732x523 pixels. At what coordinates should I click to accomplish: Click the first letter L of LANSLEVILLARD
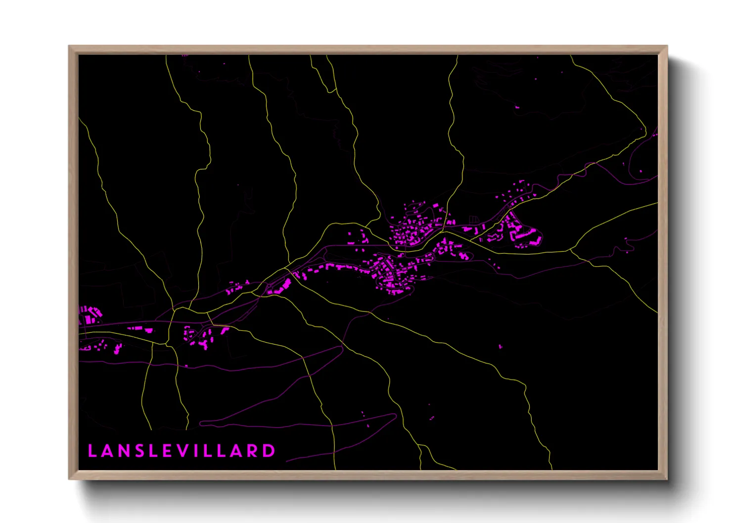92,451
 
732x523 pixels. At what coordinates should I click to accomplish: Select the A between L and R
235,451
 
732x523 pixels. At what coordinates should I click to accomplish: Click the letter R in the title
252,451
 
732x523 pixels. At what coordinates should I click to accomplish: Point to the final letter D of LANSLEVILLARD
269,451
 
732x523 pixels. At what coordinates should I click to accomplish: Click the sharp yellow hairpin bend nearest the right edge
645,129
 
